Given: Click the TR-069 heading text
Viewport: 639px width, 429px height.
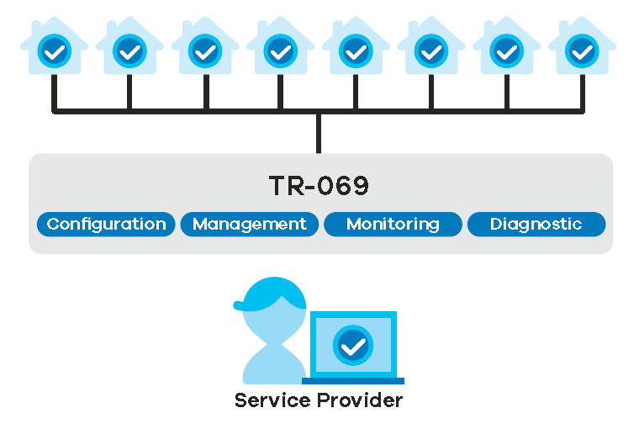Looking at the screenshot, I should point(319,186).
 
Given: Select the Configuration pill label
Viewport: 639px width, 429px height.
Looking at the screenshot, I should point(106,225).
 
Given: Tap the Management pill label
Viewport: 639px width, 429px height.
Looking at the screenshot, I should point(250,225).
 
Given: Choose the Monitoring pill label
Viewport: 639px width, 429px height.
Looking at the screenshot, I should point(393,225).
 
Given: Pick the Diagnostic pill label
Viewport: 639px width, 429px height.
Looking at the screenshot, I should point(536,225).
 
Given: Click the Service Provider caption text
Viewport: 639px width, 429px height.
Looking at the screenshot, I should point(319,400).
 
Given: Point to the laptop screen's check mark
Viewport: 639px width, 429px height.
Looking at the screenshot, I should point(353,344).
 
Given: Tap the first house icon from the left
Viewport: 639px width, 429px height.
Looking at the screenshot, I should point(54,50).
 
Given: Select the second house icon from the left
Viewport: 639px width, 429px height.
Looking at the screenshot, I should point(129,50).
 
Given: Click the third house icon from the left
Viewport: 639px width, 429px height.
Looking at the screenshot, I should point(204,50).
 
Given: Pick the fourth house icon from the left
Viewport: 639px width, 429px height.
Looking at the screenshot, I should point(280,50).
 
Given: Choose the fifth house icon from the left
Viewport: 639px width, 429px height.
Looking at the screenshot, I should point(356,50).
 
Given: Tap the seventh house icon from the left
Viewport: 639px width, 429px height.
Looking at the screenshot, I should point(506,50).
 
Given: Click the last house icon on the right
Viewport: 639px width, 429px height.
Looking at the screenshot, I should point(581,50).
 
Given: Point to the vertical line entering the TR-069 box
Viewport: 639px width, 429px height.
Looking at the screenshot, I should point(319,133).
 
